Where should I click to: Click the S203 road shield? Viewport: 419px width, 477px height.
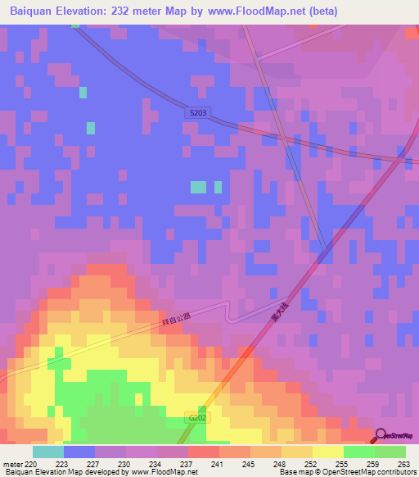click(x=196, y=112)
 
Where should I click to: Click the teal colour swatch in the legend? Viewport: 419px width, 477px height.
click(x=47, y=452)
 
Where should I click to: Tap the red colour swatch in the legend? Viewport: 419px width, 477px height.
click(x=203, y=452)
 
